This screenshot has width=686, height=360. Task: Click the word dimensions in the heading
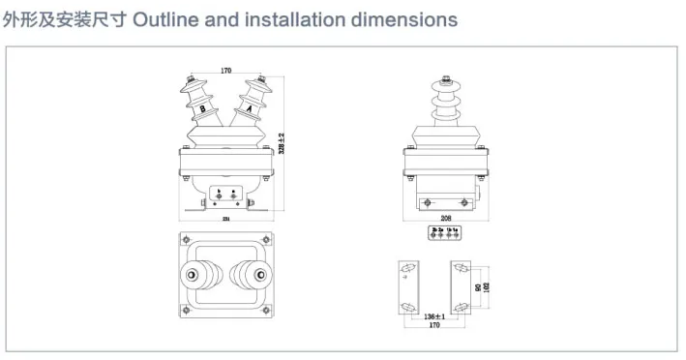point(403,19)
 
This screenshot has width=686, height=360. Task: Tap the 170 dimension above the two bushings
point(225,71)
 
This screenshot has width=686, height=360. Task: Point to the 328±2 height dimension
point(281,142)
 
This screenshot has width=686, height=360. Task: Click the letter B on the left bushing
point(202,109)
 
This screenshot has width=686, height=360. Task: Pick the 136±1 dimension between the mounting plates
point(434,316)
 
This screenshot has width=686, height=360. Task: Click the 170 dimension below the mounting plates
point(435,326)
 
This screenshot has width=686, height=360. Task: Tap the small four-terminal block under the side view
point(447,232)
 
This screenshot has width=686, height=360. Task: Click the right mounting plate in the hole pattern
point(460,286)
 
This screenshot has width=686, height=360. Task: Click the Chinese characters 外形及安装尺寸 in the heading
point(62,19)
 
